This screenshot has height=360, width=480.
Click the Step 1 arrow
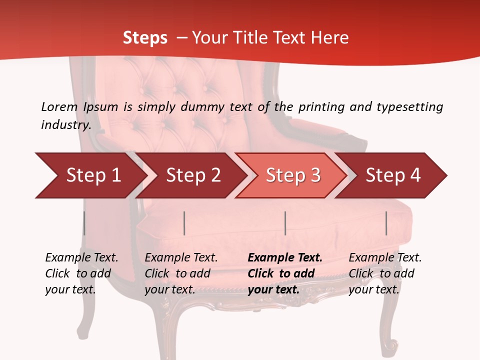tap(90, 175)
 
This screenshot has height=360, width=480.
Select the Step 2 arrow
tap(192, 175)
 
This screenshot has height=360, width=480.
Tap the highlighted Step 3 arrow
tap(292, 175)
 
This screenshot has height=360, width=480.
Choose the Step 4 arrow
tap(392, 175)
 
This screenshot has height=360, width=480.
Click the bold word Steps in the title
tap(145, 38)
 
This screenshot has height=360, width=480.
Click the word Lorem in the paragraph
tap(59, 107)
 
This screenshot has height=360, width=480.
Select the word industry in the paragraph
tap(65, 124)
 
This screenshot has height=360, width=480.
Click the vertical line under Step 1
tap(84, 223)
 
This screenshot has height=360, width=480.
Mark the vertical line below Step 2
tap(184, 223)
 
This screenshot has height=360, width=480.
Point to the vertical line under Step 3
tap(285, 223)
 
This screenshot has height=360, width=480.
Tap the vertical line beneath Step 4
tap(386, 223)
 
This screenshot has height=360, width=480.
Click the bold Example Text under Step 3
tap(285, 258)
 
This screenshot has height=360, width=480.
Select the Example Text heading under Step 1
tap(81, 258)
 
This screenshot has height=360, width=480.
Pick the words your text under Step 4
tap(373, 289)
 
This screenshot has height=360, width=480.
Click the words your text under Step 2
tap(169, 289)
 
